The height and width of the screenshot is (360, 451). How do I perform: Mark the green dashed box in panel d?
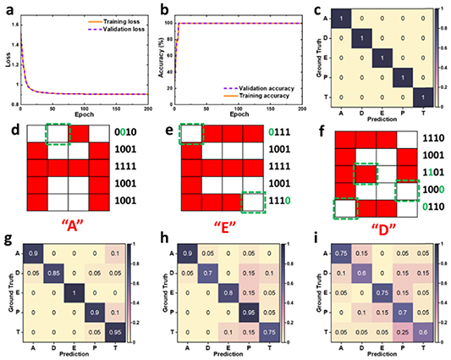(x=58, y=134)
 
